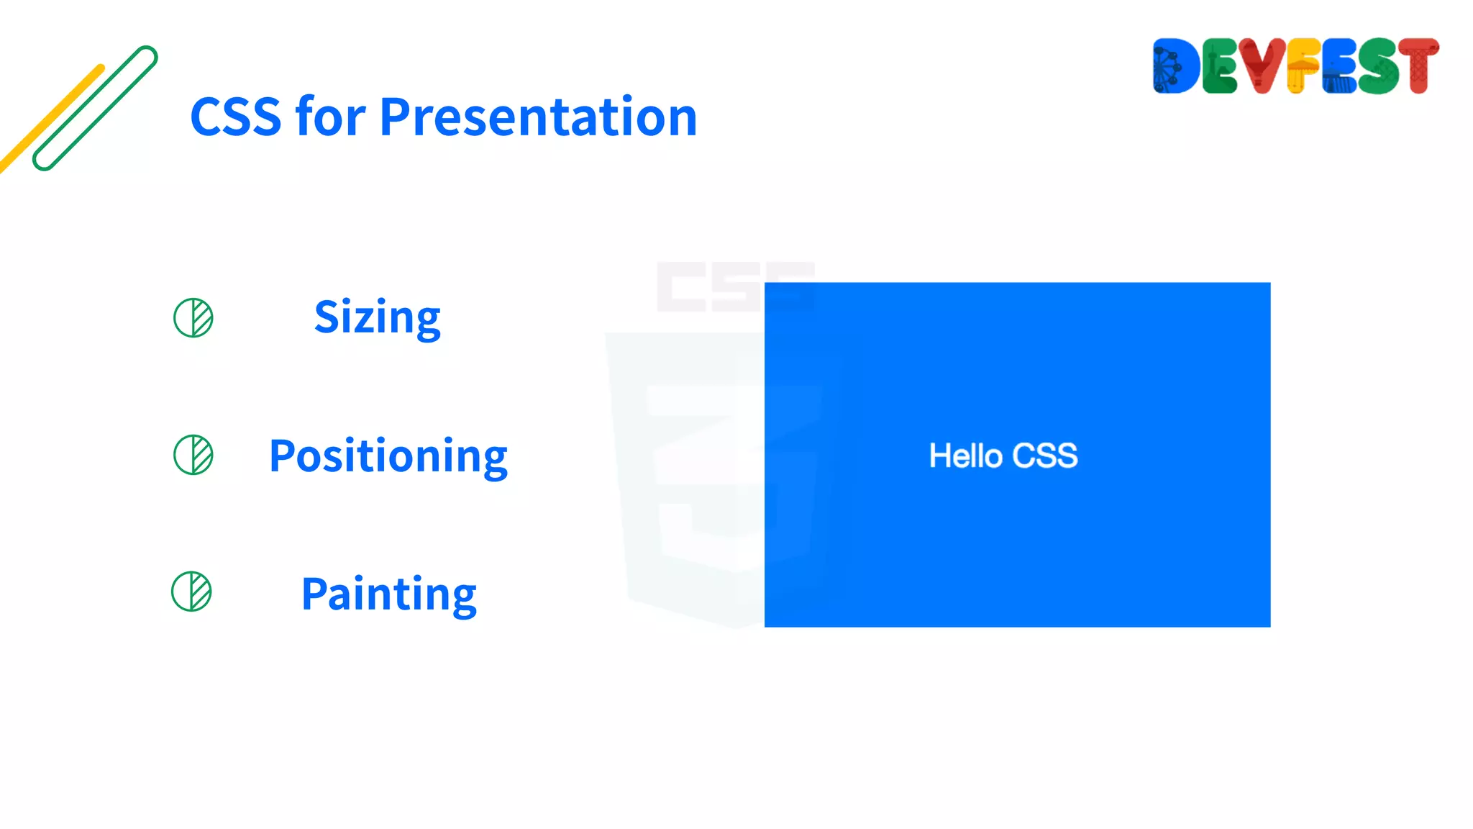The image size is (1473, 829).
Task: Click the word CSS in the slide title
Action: click(235, 117)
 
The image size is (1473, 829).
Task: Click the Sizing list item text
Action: click(378, 317)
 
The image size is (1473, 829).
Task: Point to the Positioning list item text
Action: click(388, 456)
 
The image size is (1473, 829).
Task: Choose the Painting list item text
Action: click(388, 594)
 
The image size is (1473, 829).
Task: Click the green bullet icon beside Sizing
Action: click(193, 317)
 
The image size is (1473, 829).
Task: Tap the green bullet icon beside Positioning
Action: click(193, 455)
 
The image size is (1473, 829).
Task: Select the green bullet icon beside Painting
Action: click(191, 592)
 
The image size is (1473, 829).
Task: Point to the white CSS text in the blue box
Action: click(1045, 456)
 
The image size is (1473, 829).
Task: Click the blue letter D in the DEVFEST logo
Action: click(1176, 66)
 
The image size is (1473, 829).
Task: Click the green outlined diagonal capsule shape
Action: click(95, 108)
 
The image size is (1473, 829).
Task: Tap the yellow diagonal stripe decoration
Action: click(50, 119)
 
